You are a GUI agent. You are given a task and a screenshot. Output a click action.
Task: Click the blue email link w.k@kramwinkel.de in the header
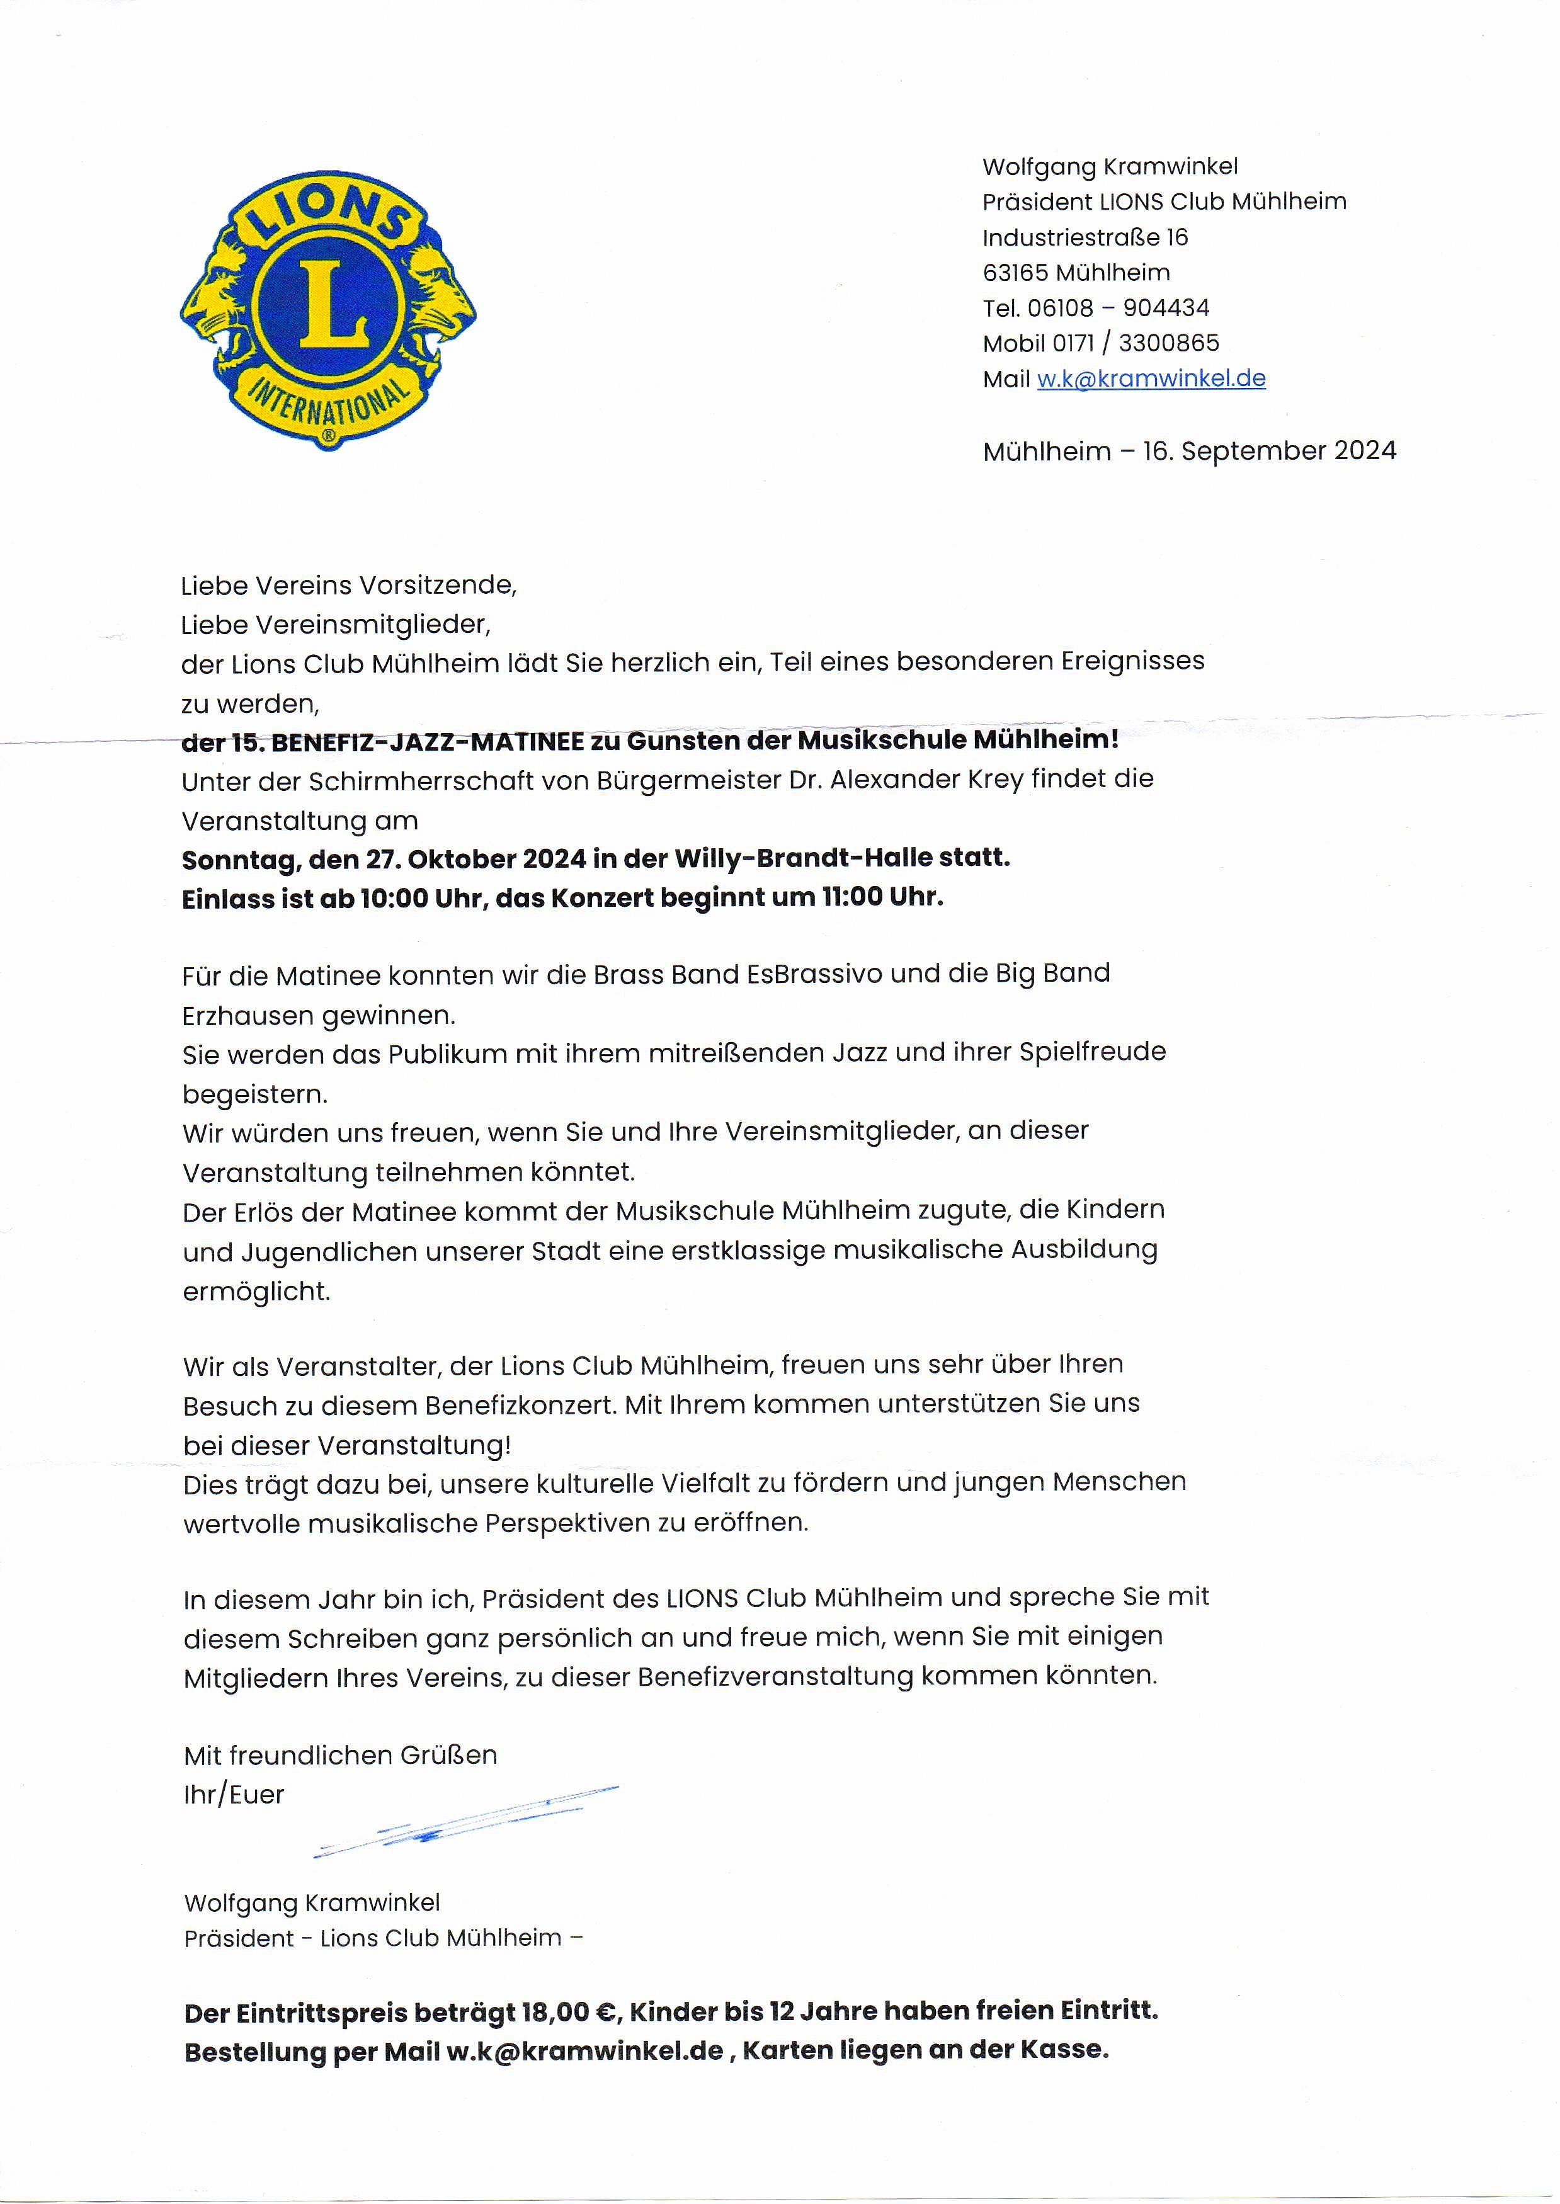1151,378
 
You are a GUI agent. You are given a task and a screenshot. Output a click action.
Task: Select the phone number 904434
1166,309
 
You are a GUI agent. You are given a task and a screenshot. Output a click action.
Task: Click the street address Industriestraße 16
1085,237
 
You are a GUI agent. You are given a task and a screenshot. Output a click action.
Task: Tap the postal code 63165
1015,273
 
